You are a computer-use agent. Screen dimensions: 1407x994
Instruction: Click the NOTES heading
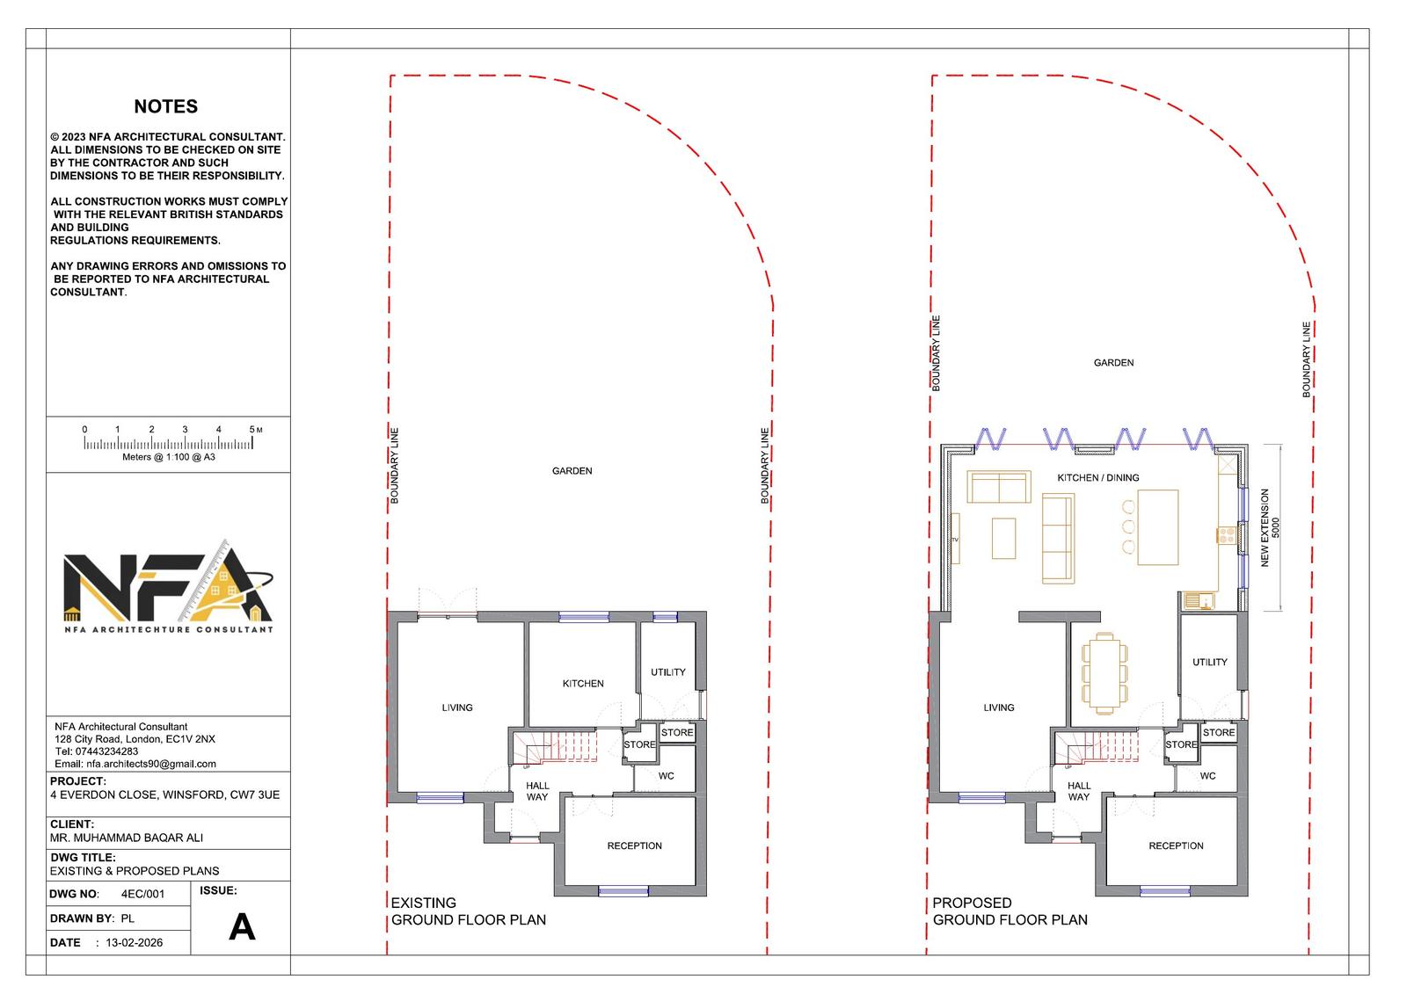[166, 106]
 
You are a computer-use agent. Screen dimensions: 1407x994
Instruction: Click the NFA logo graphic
[168, 585]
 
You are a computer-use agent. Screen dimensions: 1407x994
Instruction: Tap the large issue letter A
[242, 927]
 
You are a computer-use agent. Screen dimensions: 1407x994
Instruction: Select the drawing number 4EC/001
[142, 894]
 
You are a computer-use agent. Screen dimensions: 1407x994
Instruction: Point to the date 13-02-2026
[134, 942]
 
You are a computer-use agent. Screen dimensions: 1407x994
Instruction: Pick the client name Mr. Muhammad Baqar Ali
[127, 838]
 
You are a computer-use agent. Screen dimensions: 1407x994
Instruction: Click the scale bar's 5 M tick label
[255, 430]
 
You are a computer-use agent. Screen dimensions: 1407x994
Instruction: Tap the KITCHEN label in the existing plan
[583, 683]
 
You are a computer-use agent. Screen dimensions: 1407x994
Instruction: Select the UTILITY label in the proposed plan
[1210, 662]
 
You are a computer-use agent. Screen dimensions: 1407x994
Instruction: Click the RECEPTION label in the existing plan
[634, 845]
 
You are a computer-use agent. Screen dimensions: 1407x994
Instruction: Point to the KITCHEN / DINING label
[1098, 478]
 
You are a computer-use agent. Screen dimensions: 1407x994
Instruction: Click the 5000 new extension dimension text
[1275, 527]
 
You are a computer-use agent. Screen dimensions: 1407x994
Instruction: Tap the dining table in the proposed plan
[1104, 674]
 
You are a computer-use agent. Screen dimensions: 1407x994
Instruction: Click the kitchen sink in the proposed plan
[1199, 601]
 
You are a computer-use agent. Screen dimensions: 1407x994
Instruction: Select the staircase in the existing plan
[555, 747]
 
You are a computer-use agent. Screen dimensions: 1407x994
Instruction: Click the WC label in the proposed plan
[1208, 776]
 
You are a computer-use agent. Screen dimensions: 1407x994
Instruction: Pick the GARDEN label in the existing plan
[572, 471]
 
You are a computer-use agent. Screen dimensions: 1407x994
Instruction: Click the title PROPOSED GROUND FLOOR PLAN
[1010, 911]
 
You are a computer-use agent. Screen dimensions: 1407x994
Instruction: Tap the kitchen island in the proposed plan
[1157, 527]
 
